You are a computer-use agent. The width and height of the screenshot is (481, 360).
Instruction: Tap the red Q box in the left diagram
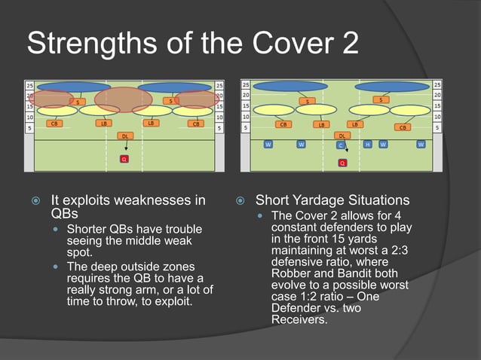click(x=124, y=160)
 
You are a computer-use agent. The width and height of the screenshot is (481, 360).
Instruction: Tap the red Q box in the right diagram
click(x=342, y=163)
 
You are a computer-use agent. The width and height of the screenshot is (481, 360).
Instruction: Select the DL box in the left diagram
click(x=124, y=136)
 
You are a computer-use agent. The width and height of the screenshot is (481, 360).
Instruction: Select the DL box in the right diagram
click(x=342, y=136)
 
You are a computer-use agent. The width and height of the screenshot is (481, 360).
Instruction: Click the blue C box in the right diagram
click(x=341, y=144)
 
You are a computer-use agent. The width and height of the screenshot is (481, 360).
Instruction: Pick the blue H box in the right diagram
click(x=367, y=144)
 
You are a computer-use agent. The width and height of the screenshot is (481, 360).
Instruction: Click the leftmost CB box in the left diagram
click(x=54, y=123)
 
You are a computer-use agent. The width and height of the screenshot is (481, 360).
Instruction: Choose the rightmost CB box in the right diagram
click(x=403, y=127)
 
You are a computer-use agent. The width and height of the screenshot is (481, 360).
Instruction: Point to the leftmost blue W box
click(x=268, y=144)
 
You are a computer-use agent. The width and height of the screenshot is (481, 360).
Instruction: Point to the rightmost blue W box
click(x=421, y=144)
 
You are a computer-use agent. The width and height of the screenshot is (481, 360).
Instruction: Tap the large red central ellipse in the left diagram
click(x=123, y=99)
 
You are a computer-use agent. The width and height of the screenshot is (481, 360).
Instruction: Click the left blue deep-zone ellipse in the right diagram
click(x=290, y=86)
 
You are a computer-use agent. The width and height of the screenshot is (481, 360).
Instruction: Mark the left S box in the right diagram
click(x=307, y=101)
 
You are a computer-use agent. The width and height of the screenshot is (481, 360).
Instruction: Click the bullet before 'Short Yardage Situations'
click(x=240, y=201)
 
